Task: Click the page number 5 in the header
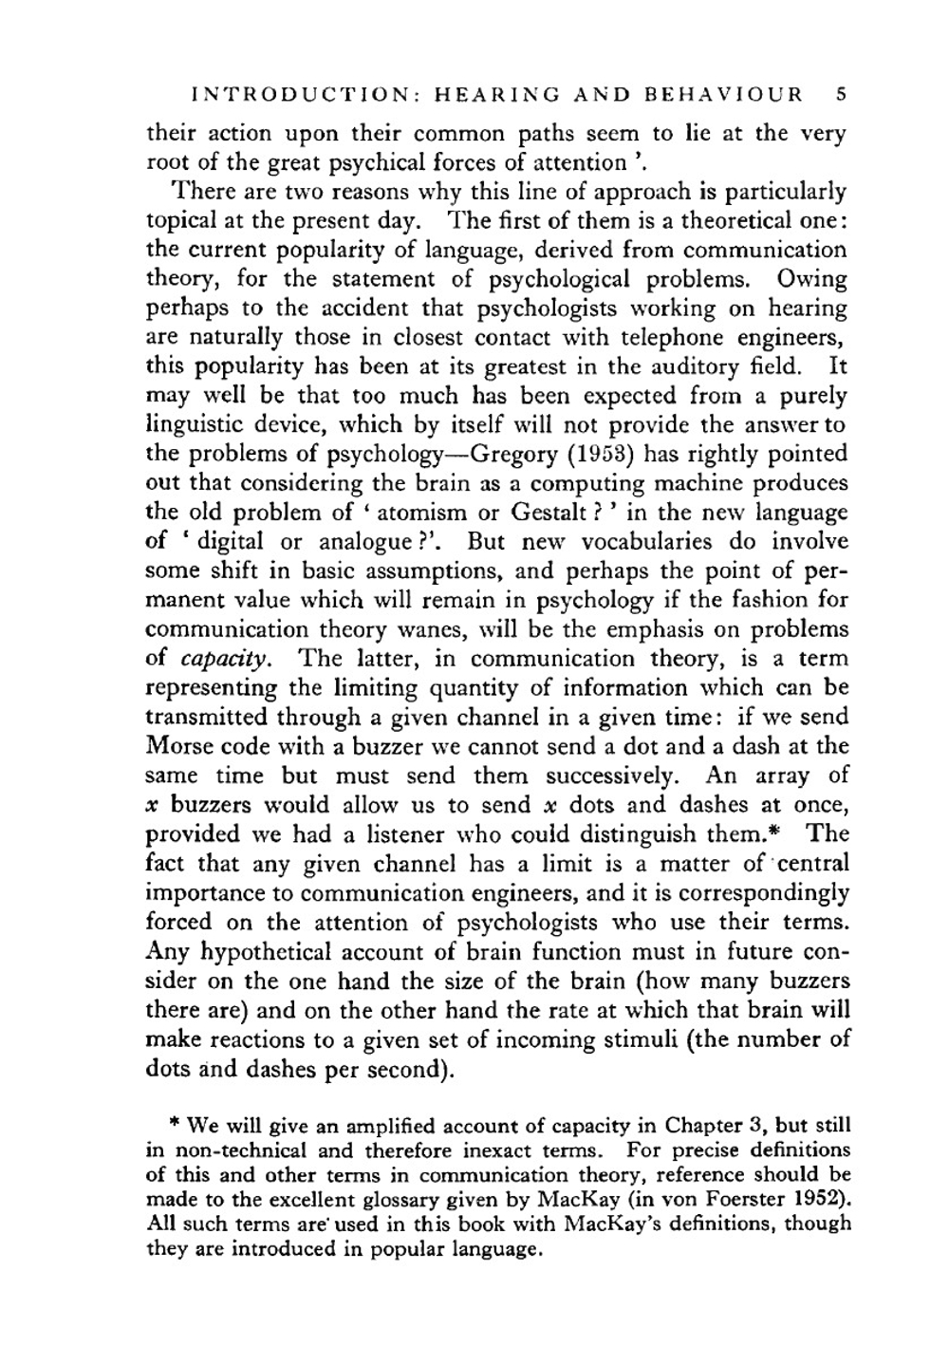(x=842, y=95)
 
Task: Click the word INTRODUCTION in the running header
(x=300, y=95)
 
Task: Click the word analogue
(x=365, y=542)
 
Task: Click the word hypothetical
(x=257, y=952)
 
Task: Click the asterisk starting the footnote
(x=175, y=1126)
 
